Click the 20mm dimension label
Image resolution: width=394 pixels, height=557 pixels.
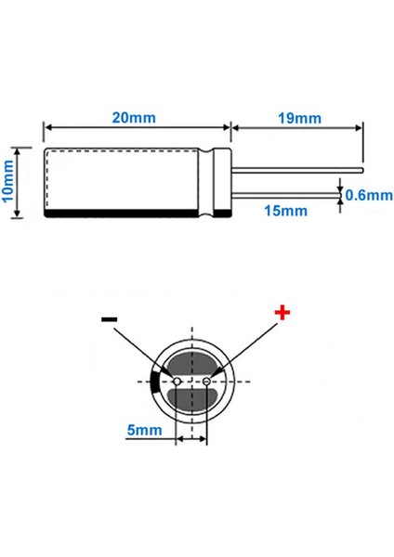point(133,118)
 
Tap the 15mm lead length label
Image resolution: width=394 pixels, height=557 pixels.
point(285,211)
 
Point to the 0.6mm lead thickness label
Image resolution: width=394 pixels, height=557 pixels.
point(368,196)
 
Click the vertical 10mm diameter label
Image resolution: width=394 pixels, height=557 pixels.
point(9,181)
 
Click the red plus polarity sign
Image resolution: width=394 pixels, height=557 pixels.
point(282,314)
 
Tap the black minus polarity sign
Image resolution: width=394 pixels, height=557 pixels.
point(110,319)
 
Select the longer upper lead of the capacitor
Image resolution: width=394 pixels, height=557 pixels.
point(297,171)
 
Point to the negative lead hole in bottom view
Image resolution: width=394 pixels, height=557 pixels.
point(177,382)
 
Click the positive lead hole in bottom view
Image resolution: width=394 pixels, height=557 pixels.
point(206,382)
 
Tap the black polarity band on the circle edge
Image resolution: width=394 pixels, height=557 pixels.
point(153,382)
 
